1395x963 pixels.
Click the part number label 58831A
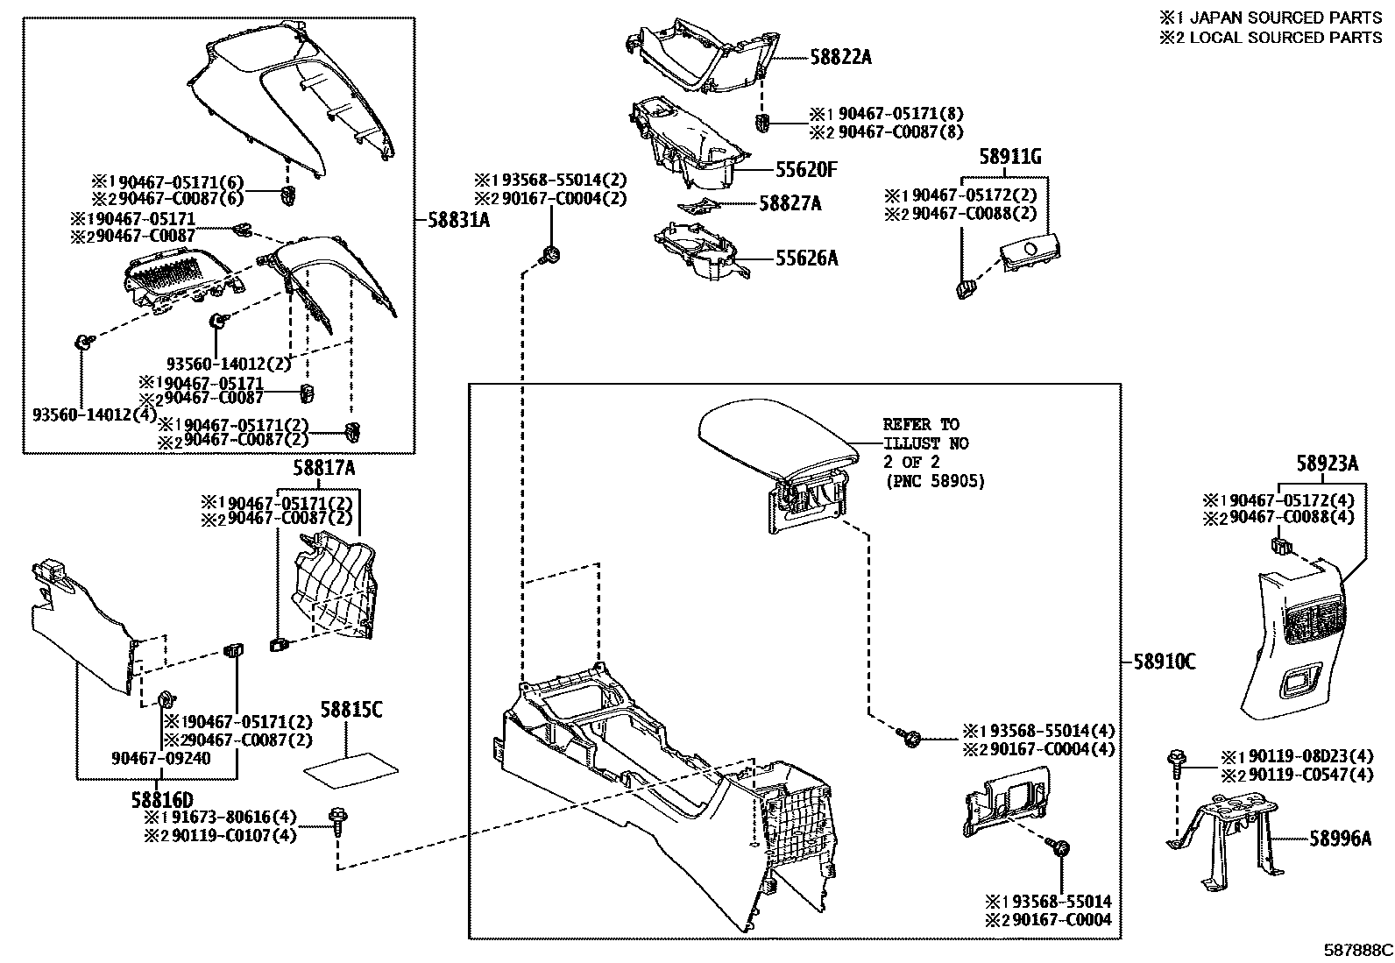(459, 221)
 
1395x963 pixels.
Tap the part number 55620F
(805, 170)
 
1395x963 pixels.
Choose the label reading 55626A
(806, 258)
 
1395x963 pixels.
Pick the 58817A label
(324, 469)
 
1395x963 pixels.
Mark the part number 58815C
(351, 710)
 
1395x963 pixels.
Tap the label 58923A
(1328, 464)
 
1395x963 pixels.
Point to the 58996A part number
(1341, 839)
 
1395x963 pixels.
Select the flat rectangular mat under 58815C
(351, 767)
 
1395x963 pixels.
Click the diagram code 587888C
(1358, 950)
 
